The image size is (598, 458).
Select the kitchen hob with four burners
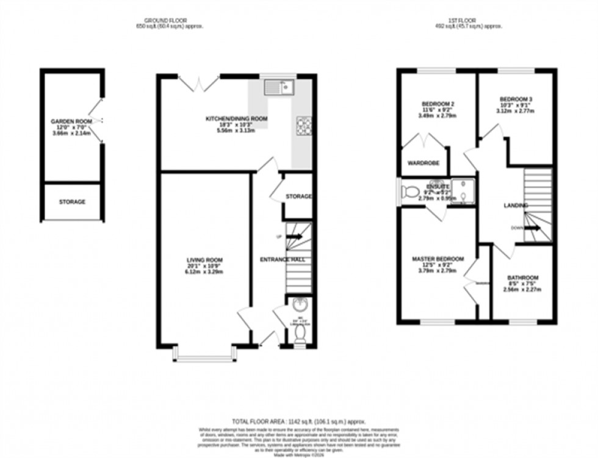(x=304, y=125)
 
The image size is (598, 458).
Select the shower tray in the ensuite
(x=465, y=191)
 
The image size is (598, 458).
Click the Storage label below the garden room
(x=72, y=202)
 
